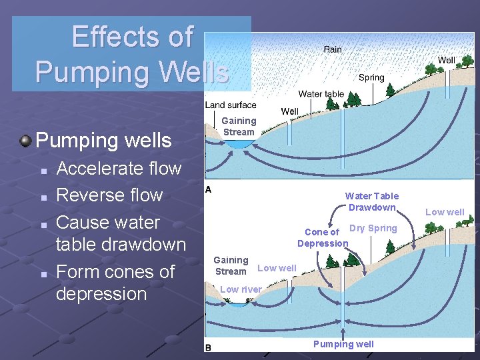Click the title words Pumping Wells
click(x=132, y=70)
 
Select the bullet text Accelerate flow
click(x=119, y=168)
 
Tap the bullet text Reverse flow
click(x=109, y=195)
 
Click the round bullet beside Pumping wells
click(x=25, y=141)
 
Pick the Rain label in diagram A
click(x=333, y=49)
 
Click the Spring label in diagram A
click(x=371, y=77)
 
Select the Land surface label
click(x=231, y=105)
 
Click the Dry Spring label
click(x=373, y=228)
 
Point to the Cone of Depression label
click(x=323, y=238)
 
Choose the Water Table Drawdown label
click(x=371, y=201)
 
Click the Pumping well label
click(x=343, y=344)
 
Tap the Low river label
click(x=240, y=289)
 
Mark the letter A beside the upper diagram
click(x=208, y=189)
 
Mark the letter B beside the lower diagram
click(x=208, y=347)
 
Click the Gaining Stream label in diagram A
click(x=239, y=126)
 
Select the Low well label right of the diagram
click(x=445, y=212)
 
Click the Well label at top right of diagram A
click(x=446, y=60)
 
